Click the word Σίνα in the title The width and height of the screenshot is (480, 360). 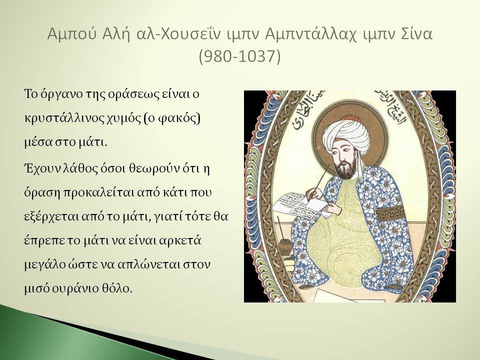click(417, 33)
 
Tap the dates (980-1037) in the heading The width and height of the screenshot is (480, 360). click(239, 56)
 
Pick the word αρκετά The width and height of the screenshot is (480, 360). click(180, 240)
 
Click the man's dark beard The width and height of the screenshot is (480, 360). click(346, 168)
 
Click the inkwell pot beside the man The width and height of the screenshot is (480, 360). click(285, 246)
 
